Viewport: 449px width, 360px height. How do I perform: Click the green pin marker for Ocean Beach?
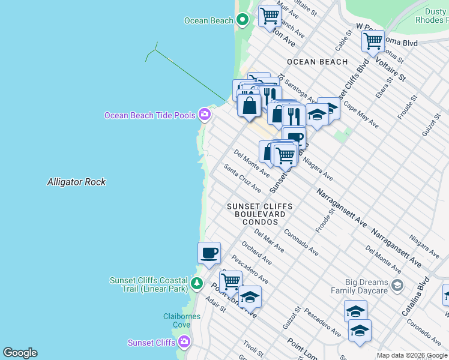coord(243,20)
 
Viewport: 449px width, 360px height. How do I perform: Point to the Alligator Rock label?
coord(76,182)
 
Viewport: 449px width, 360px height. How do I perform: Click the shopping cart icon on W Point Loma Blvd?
coord(373,41)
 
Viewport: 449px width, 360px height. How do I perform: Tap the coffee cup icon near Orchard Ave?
coord(209,253)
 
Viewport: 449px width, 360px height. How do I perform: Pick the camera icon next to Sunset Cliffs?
coord(184,342)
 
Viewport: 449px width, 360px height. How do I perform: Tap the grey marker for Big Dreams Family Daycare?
coord(397,286)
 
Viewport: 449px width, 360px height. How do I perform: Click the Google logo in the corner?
coord(20,353)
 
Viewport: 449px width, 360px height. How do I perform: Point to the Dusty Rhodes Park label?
coord(432,15)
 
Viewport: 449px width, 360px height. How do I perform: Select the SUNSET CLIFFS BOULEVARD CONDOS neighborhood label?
coord(259,214)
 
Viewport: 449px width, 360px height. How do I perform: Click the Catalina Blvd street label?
coord(416,297)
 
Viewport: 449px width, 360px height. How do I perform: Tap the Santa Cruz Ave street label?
coord(243,178)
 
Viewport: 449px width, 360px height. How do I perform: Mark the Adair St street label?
coord(215,305)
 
